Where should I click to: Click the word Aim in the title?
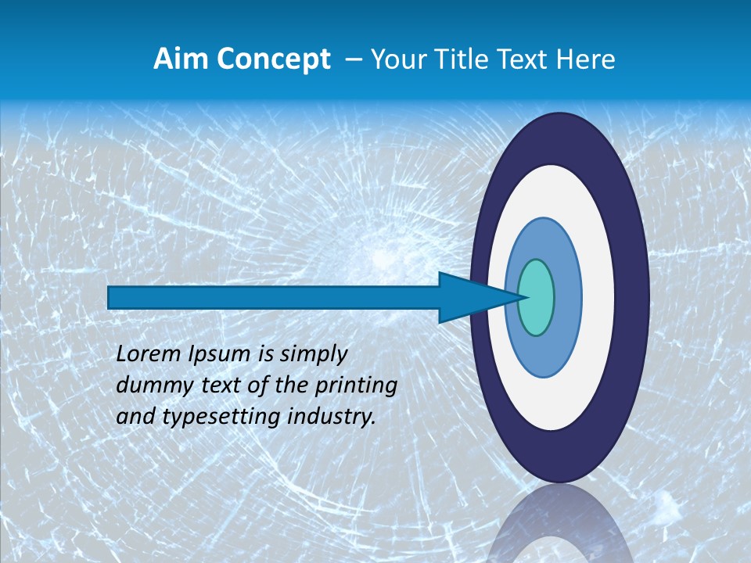point(181,59)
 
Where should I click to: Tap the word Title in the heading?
point(462,59)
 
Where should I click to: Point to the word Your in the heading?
point(397,59)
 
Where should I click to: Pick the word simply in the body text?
point(313,355)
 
